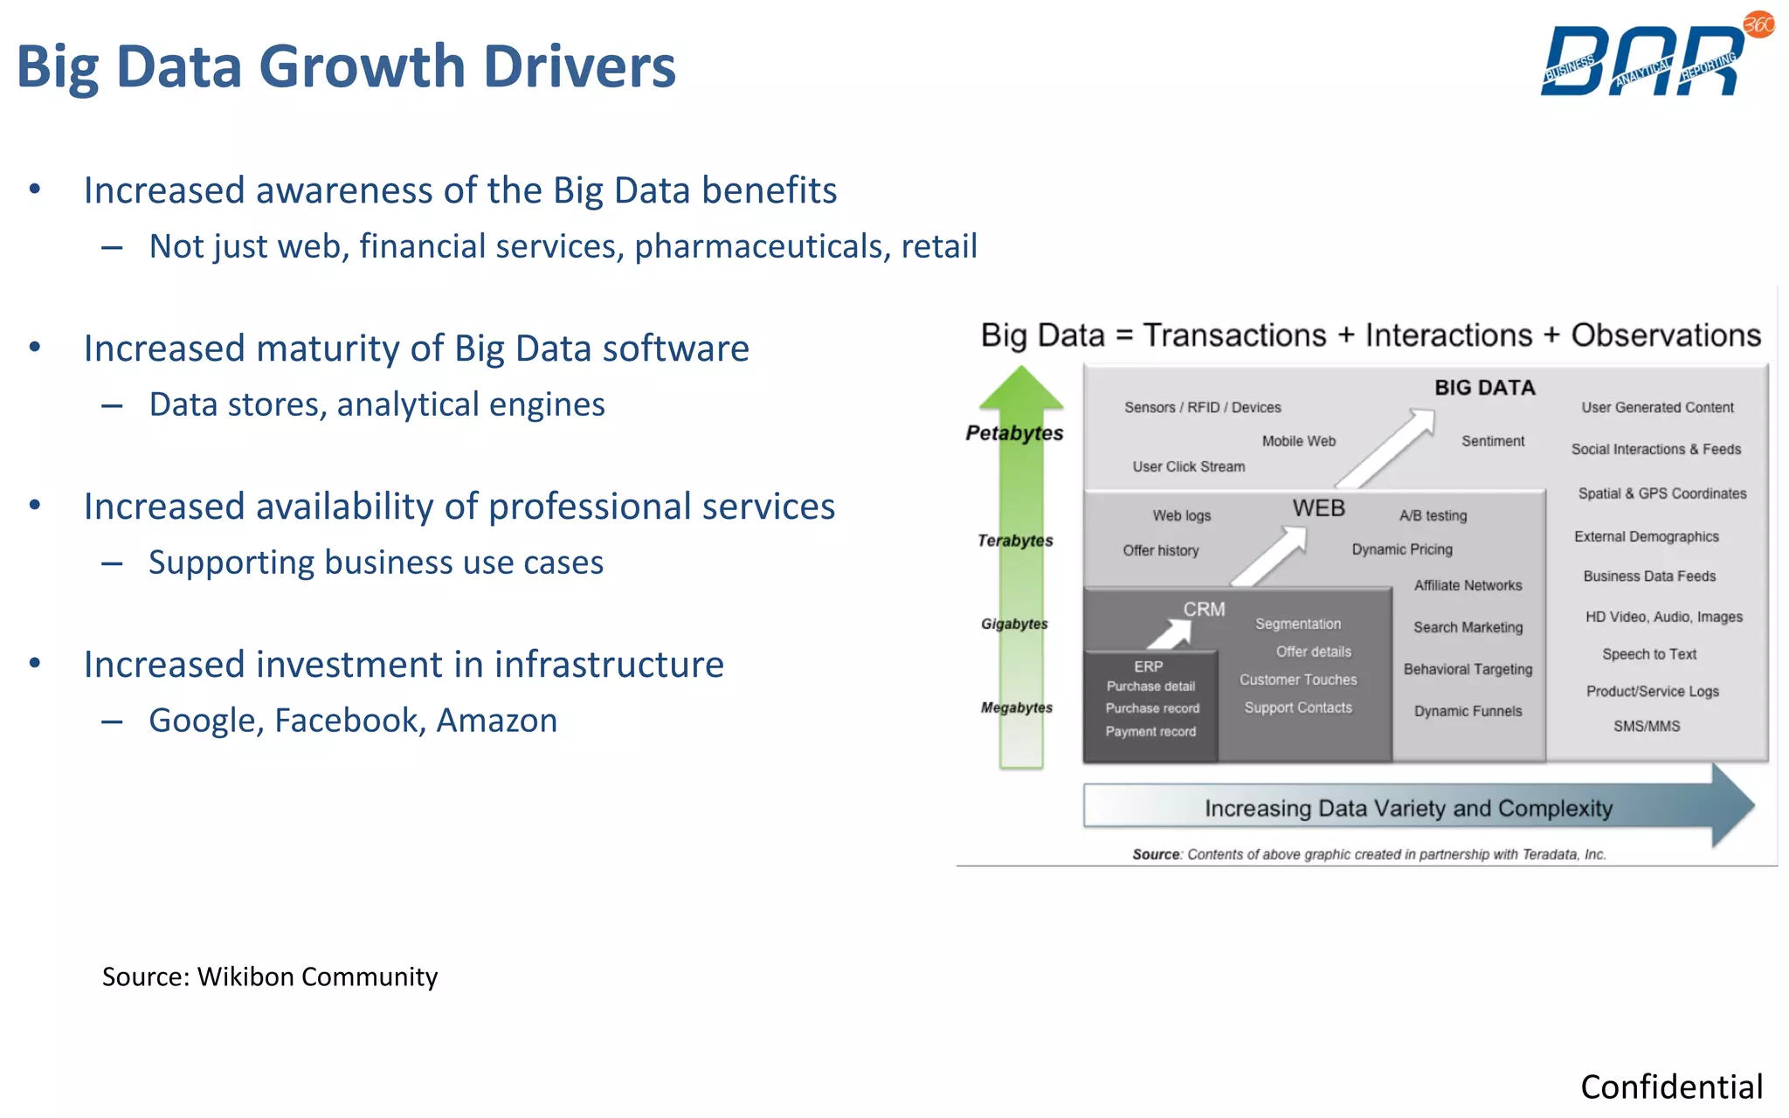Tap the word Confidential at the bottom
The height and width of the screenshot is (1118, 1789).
[x=1671, y=1087]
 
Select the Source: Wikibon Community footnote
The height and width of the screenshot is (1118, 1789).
[x=269, y=977]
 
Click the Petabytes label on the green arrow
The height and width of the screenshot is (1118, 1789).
[x=1014, y=433]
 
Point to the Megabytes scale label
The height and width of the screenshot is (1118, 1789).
[x=1016, y=707]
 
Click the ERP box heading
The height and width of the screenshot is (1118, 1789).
[x=1148, y=666]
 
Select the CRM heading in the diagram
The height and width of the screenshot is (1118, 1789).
[x=1204, y=610]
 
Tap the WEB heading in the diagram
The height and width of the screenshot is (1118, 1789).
[x=1318, y=508]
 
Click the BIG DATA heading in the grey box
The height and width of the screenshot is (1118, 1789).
[x=1484, y=388]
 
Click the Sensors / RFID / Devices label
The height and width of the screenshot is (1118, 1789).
[x=1202, y=408]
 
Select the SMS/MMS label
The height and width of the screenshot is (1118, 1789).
[x=1646, y=726]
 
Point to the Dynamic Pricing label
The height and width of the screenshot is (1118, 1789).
[x=1401, y=549]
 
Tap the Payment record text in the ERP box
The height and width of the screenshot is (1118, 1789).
[x=1150, y=732]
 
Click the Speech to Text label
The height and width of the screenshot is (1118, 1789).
[x=1648, y=654]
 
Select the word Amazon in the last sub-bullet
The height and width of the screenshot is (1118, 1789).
[x=496, y=721]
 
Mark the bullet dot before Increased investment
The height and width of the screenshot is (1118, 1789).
[x=35, y=663]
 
